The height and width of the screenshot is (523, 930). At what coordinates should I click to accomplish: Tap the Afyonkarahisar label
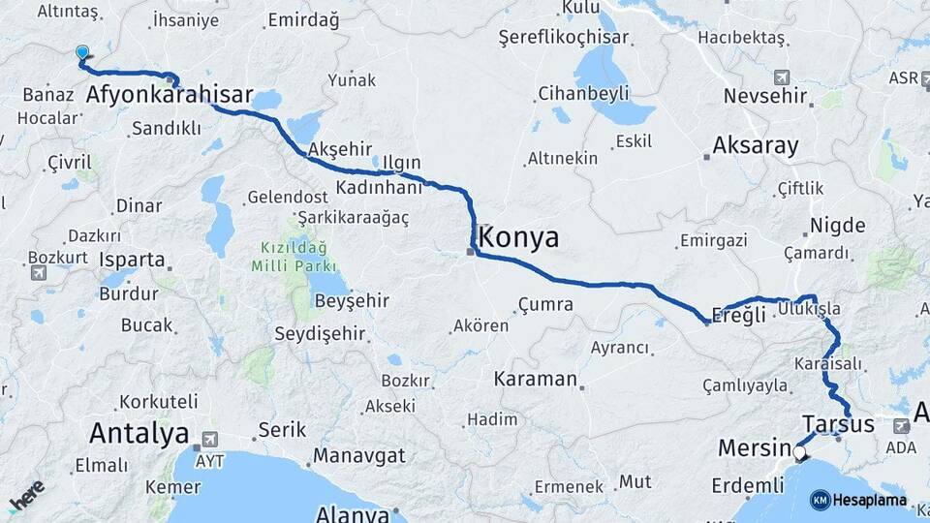pyautogui.click(x=170, y=95)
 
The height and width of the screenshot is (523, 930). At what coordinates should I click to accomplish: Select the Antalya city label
pyautogui.click(x=138, y=433)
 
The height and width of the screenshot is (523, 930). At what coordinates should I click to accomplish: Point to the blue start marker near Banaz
pyautogui.click(x=81, y=54)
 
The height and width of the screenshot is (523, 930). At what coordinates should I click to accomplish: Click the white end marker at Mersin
pyautogui.click(x=799, y=451)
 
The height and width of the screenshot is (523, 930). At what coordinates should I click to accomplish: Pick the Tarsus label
pyautogui.click(x=838, y=424)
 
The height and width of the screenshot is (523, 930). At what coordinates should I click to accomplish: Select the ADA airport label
pyautogui.click(x=900, y=448)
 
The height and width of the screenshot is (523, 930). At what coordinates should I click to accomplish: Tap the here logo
pyautogui.click(x=27, y=496)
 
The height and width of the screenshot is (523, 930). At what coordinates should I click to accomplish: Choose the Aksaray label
pyautogui.click(x=756, y=146)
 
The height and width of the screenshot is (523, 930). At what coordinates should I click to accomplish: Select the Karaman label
pyautogui.click(x=536, y=379)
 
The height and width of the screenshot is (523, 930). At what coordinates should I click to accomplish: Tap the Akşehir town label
pyautogui.click(x=339, y=149)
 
